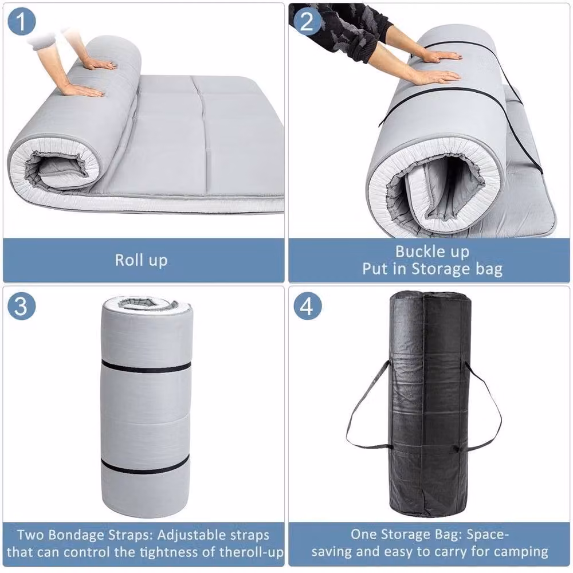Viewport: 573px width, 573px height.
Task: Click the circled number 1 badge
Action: [22, 21]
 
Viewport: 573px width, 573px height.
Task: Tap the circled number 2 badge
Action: [307, 21]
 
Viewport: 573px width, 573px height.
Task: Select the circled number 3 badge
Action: [22, 305]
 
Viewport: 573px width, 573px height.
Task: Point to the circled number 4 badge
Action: [308, 305]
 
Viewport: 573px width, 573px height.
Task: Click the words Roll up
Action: [142, 261]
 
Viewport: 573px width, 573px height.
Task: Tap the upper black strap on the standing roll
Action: [146, 366]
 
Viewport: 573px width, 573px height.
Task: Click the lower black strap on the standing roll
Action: [145, 465]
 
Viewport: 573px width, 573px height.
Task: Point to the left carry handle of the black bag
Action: [367, 405]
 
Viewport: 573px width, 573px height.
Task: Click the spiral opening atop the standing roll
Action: [147, 304]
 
